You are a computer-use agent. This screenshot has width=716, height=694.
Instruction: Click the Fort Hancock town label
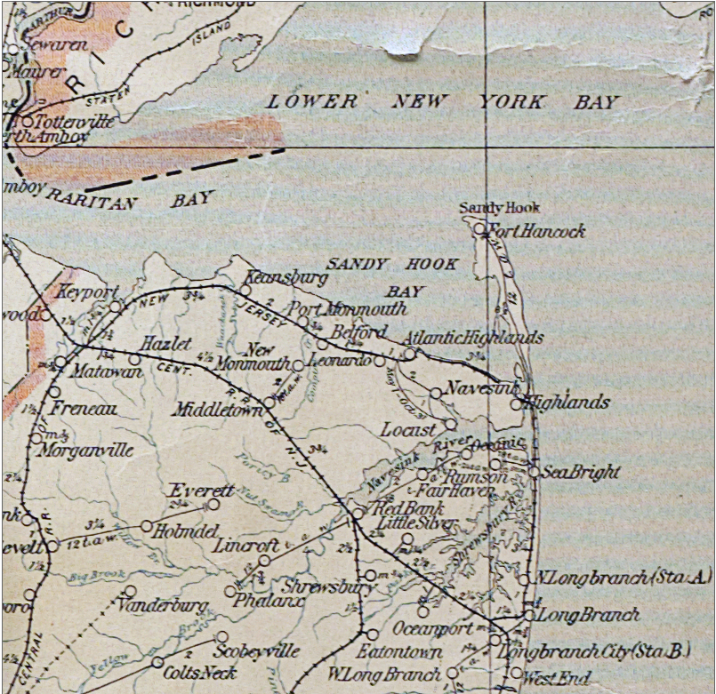coord(537,231)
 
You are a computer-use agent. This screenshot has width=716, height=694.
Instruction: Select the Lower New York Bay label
coord(442,102)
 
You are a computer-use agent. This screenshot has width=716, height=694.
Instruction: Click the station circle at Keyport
coord(116,306)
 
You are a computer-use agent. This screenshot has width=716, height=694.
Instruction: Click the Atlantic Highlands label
coord(472,338)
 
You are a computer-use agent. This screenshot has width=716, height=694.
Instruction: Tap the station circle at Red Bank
coord(358,513)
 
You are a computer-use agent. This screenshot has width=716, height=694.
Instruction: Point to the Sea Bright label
coord(580,472)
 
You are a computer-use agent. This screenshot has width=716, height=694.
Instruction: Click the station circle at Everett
coord(213,504)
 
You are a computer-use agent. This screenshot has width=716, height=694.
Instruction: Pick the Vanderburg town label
coord(165,606)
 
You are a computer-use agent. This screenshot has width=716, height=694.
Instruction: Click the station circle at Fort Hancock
coord(479,228)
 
